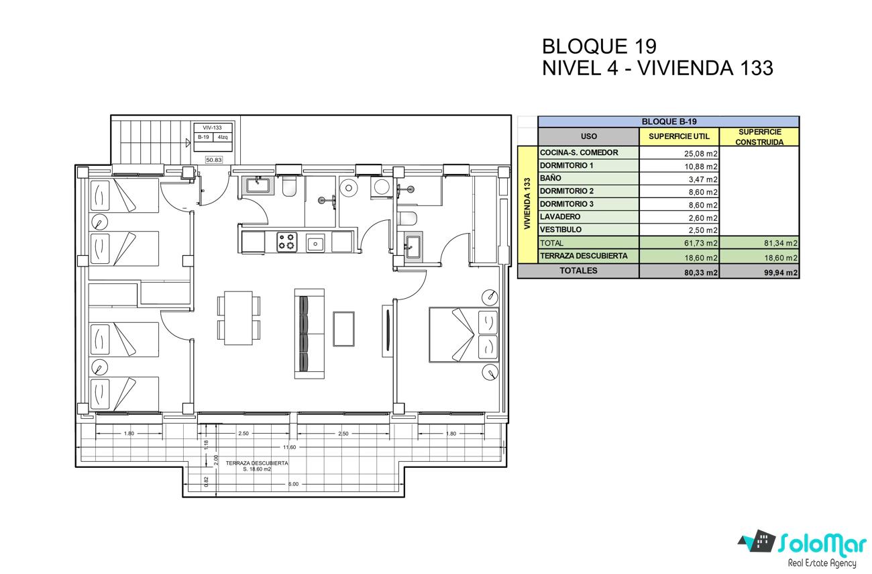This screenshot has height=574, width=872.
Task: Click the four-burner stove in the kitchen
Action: click(287, 242)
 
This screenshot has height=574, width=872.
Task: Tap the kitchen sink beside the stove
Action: click(315, 243)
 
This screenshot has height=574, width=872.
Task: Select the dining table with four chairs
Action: click(238, 318)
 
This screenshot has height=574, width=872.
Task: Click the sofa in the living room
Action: click(309, 334)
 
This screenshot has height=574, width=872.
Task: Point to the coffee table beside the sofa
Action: click(343, 329)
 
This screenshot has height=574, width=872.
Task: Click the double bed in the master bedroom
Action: click(464, 335)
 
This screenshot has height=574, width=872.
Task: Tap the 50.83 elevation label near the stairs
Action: click(214, 160)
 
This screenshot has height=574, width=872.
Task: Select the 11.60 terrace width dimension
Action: click(290, 447)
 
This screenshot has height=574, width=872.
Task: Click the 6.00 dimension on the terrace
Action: click(294, 484)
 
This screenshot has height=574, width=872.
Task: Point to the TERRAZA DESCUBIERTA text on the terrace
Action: click(257, 463)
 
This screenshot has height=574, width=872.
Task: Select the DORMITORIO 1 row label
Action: click(566, 165)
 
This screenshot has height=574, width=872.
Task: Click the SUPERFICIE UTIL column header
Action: click(679, 136)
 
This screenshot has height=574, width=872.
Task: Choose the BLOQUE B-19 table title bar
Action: click(669, 122)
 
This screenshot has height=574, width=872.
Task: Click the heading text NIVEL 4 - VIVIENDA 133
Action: click(657, 68)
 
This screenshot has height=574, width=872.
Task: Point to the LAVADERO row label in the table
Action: click(560, 217)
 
